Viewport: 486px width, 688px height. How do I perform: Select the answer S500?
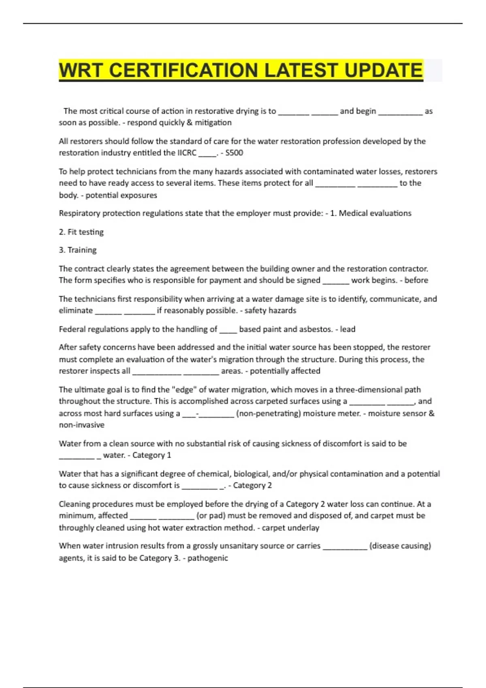234,153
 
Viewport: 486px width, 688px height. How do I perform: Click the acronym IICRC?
187,153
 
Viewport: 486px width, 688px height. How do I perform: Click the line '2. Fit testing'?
81,232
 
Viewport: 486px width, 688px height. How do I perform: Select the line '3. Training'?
78,250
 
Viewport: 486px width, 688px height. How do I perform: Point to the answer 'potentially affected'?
285,371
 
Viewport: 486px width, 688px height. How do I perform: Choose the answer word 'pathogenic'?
208,558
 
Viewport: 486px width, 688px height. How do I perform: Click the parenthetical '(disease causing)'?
400,546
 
